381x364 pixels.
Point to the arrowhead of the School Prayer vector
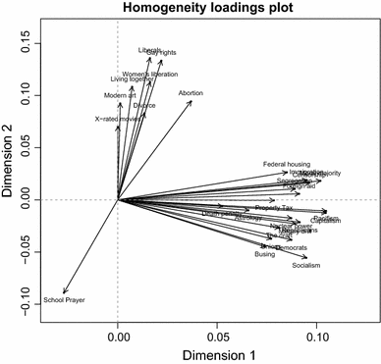point(64,292)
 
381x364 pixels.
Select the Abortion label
point(191,93)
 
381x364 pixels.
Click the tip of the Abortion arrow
point(191,99)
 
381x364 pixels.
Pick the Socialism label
point(306,265)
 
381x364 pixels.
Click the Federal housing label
point(286,164)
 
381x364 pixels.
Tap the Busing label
point(265,254)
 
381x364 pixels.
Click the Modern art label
point(121,95)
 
